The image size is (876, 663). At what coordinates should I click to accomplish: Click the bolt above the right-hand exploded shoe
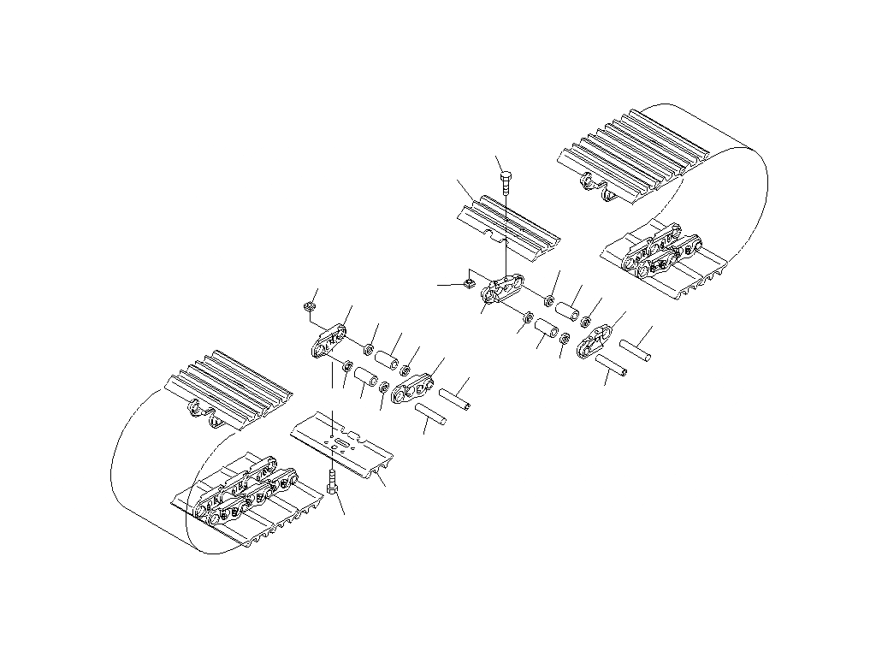506,181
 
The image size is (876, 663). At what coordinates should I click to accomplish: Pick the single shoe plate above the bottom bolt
342,445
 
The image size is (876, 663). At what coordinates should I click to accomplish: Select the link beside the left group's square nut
329,342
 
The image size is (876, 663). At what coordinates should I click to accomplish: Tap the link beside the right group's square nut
505,288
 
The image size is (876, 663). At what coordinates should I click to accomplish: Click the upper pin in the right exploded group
636,348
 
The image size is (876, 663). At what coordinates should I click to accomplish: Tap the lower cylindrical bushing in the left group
366,377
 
